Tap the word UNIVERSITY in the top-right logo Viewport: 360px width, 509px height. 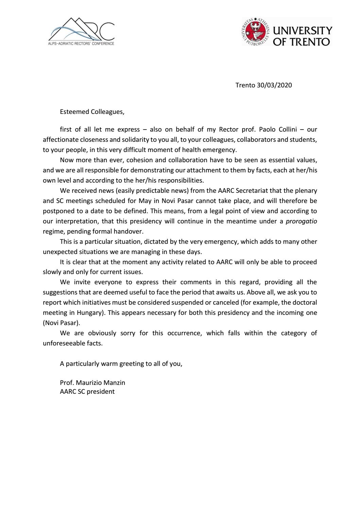pos(303,31)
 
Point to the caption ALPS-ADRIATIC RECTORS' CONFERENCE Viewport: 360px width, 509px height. pos(81,44)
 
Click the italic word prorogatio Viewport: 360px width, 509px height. pos(301,221)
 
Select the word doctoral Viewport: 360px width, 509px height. pos(305,302)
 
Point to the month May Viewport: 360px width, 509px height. pos(145,201)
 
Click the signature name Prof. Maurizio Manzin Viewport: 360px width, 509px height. pos(92,383)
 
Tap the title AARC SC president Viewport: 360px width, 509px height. pos(87,391)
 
